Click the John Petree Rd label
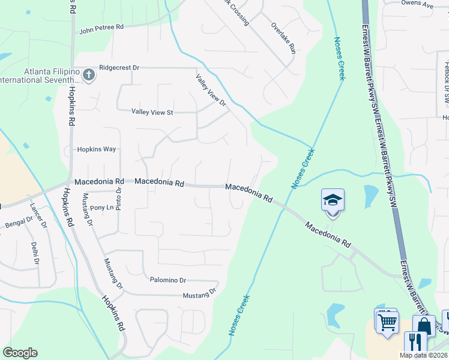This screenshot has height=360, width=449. [101, 28]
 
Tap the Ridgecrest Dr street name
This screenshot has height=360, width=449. [119, 68]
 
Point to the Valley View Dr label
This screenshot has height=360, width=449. [211, 90]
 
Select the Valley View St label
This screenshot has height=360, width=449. [152, 112]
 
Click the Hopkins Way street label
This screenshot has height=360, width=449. [96, 149]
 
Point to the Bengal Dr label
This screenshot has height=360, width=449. [18, 223]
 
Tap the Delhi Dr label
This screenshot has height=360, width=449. [35, 253]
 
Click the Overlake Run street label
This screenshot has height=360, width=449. [283, 38]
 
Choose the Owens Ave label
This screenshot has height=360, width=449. [417, 5]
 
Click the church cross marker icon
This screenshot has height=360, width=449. [89, 75]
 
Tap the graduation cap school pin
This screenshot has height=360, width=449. [333, 200]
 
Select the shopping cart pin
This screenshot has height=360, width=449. [386, 321]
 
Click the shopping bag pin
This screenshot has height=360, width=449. [423, 326]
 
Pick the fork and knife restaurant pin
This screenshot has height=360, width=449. [415, 343]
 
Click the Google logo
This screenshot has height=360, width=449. [20, 353]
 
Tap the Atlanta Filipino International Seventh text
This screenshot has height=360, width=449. [40, 75]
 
